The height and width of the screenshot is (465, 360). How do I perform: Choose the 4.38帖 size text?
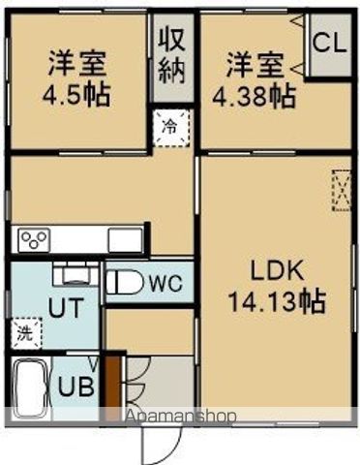pos(256,95)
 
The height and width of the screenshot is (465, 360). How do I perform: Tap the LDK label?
pos(276,269)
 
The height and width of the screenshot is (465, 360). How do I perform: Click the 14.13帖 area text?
pos(276,300)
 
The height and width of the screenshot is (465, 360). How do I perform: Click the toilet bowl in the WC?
pos(123,282)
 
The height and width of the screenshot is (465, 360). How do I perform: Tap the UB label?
pos(70,387)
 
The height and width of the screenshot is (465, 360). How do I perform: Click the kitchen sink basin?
pos(125,239)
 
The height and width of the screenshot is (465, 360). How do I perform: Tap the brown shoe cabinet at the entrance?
pos(114,386)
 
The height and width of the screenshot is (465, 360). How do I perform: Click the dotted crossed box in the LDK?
pos(343,189)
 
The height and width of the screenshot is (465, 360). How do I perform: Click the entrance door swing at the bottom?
pos(161,445)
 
